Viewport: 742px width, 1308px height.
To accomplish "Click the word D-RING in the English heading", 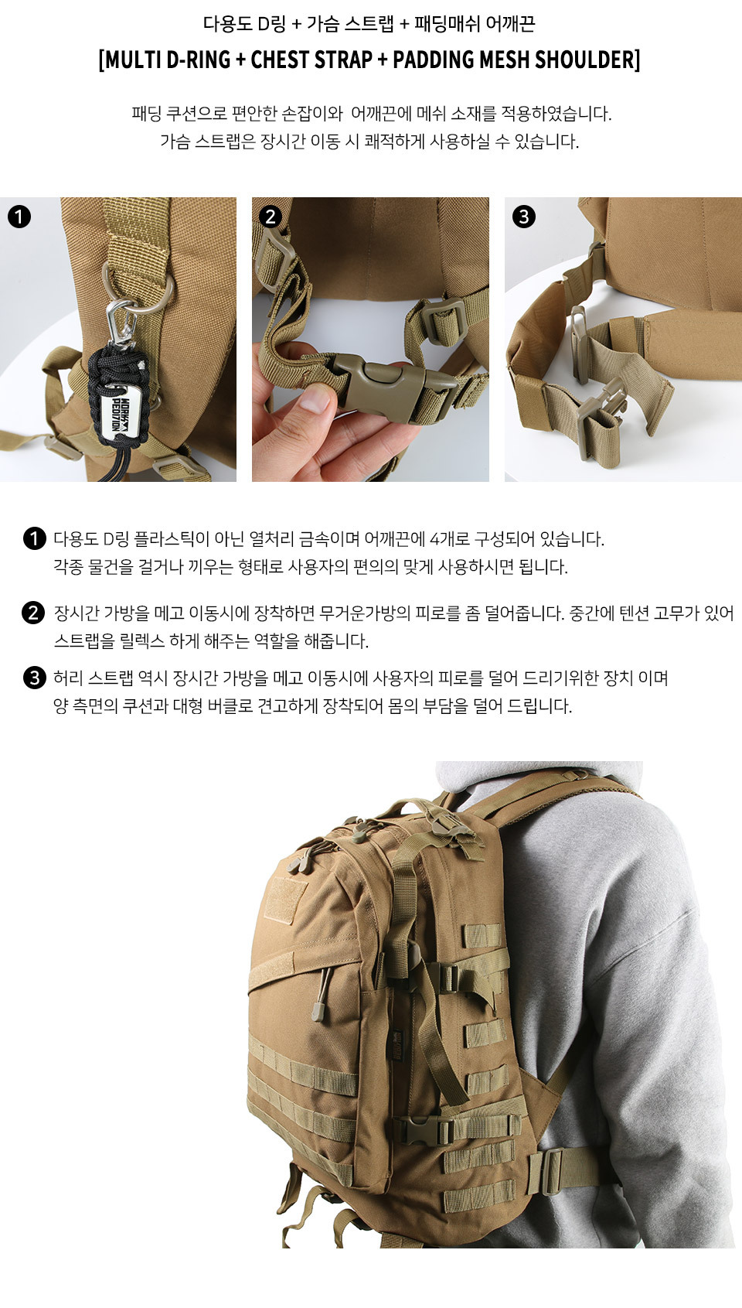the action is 198,60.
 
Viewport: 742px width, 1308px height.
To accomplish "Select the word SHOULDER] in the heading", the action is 587,60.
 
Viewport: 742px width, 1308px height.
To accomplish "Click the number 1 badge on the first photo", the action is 19,217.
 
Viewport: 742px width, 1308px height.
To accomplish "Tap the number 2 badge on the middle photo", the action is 270,217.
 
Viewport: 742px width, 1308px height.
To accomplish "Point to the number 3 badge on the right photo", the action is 523,217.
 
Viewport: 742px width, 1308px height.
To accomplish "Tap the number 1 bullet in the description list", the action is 34,538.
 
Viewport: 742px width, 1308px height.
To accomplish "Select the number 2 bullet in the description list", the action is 34,613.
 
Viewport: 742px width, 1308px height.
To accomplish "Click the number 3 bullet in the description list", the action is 34,678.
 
